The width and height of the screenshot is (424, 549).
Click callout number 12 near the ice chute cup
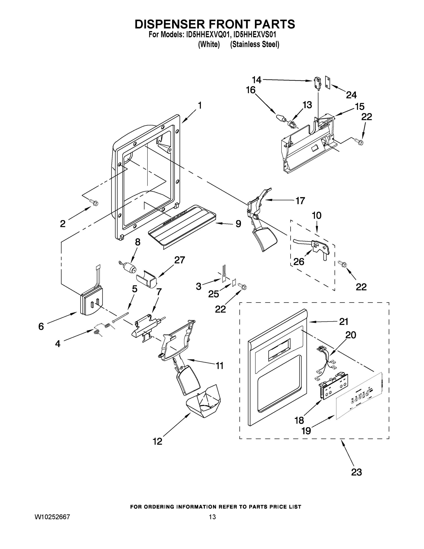157,441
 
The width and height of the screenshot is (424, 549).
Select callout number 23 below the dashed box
356,472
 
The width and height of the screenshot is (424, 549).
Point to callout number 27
180,260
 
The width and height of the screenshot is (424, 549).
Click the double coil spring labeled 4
103,328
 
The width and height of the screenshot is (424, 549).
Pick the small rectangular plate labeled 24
328,82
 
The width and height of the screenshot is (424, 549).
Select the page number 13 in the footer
212,517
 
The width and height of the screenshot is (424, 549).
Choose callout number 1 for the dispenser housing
200,106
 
